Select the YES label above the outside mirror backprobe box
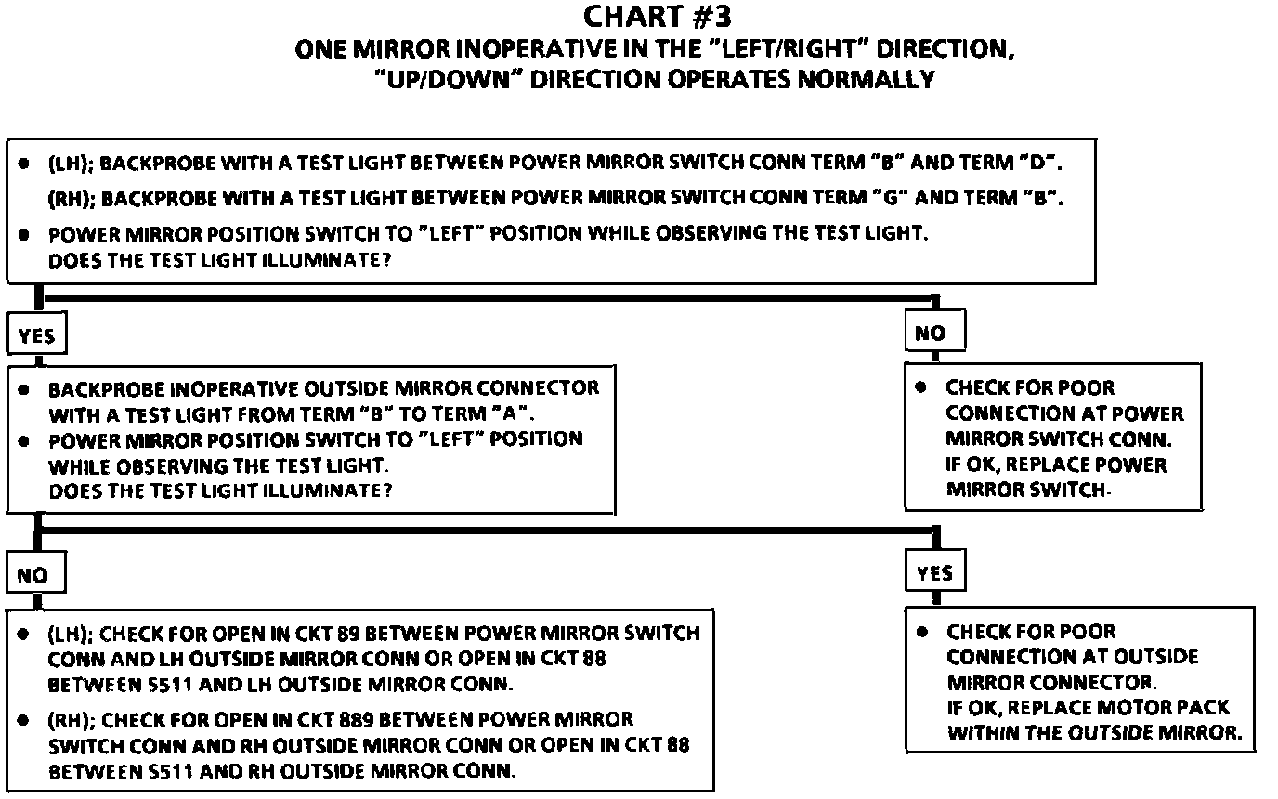[x=37, y=336]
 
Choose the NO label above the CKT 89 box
[x=33, y=575]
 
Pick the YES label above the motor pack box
[x=933, y=573]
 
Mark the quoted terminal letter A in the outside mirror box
[x=515, y=413]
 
